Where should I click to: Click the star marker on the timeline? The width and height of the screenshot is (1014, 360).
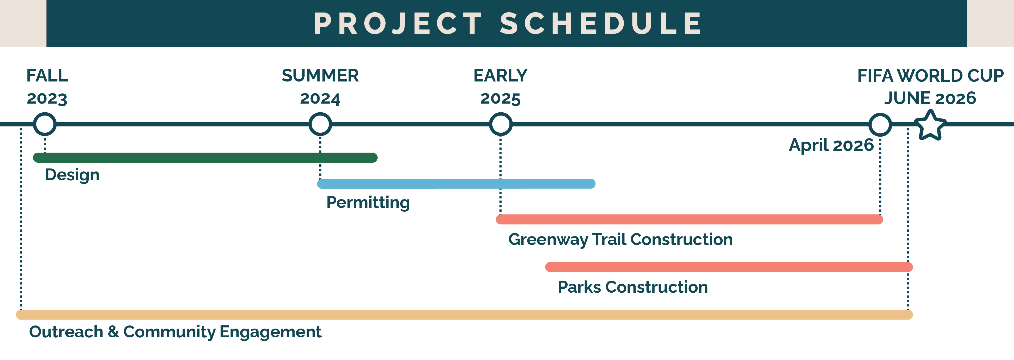pos(930,125)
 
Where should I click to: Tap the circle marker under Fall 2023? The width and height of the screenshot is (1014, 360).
pos(45,124)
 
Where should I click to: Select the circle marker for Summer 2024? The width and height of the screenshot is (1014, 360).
pos(320,124)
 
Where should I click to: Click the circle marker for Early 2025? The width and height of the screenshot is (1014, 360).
pos(500,124)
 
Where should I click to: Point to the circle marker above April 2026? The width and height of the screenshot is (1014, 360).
pos(880,125)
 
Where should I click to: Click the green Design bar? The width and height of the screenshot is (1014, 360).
pos(205,158)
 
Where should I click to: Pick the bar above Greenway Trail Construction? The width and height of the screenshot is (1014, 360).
pos(689,219)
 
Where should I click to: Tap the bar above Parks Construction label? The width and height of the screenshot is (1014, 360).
pos(728,267)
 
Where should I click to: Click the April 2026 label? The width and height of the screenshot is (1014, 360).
pos(831,145)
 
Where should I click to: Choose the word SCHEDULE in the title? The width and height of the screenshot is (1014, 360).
pos(601,24)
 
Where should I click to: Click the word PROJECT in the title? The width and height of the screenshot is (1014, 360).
pos(398,24)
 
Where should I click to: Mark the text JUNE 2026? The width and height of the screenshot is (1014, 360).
pos(930,98)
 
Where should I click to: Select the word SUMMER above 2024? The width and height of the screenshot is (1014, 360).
pos(320,76)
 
